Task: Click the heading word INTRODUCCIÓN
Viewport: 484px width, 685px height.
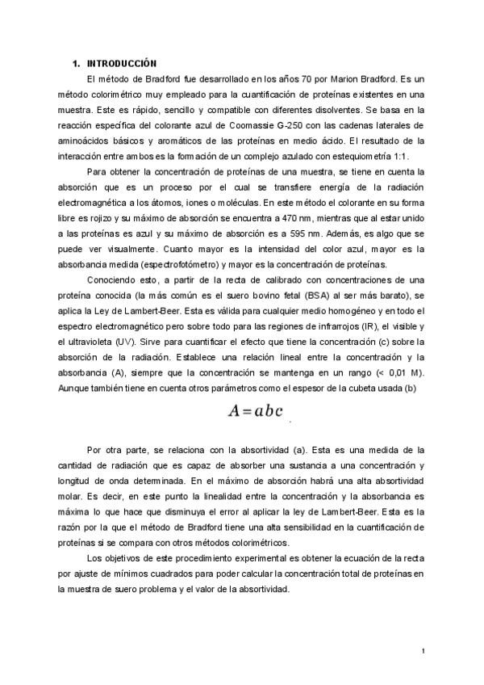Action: [x=122, y=63]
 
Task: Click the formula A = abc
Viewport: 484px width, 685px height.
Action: [x=256, y=410]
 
